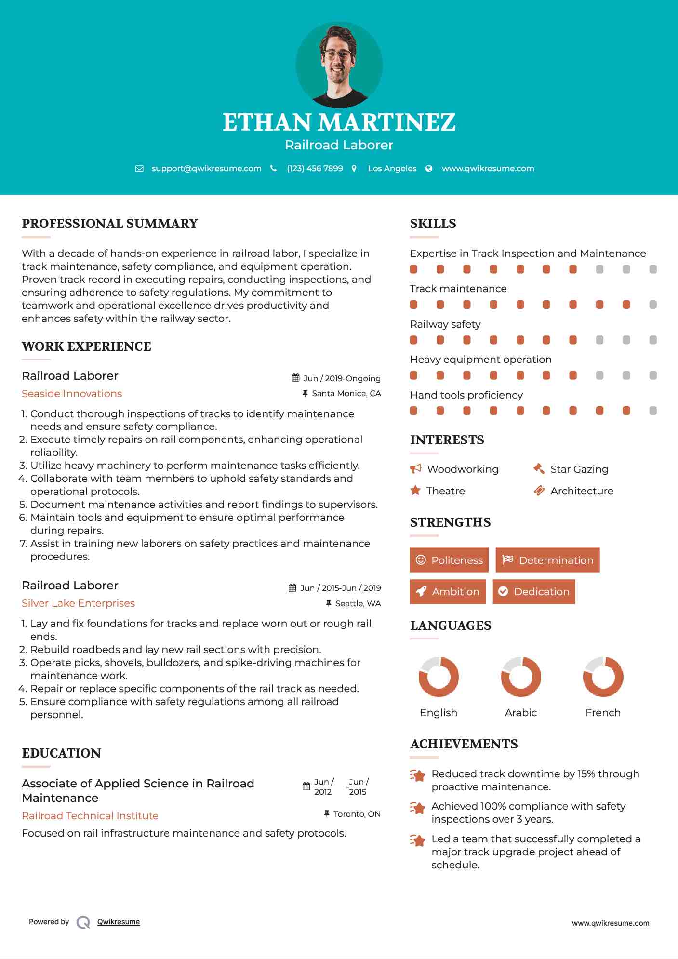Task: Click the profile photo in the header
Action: (x=339, y=65)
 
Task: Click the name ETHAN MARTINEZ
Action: (x=339, y=122)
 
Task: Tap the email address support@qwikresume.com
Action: (x=206, y=168)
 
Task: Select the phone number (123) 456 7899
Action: (x=315, y=168)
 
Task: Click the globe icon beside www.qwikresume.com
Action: (x=429, y=168)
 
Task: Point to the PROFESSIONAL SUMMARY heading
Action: (x=110, y=224)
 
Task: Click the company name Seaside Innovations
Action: (x=72, y=394)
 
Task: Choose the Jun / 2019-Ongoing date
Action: (x=342, y=378)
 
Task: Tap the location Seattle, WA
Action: (x=358, y=603)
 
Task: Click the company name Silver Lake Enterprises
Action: (x=78, y=603)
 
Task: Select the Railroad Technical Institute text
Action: (x=90, y=815)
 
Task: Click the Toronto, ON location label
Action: (x=357, y=814)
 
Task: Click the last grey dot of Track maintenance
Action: (x=653, y=305)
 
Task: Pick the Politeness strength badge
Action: (x=449, y=560)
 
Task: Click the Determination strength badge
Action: (x=547, y=560)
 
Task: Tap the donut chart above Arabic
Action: (x=520, y=677)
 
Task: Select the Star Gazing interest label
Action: (x=579, y=469)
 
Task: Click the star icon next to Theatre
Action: (x=415, y=491)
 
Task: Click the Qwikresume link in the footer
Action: (x=119, y=922)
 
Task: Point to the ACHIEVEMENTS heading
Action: (x=464, y=744)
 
